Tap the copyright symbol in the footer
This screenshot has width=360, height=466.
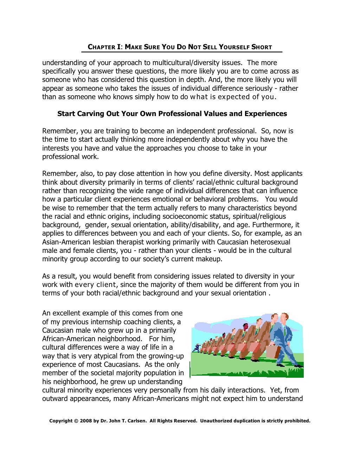pos(76,421)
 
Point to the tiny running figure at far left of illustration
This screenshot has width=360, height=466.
pos(197,348)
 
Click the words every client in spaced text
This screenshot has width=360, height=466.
pos(95,285)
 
